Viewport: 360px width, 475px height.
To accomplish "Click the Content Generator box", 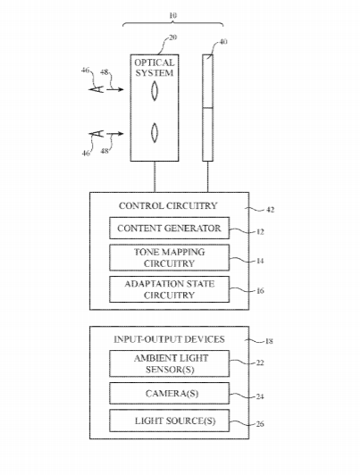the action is [169, 228].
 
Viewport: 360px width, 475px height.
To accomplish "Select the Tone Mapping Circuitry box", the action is [169, 257].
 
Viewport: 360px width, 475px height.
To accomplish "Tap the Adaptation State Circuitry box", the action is [169, 289].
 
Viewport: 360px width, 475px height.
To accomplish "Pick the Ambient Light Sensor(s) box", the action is [169, 363].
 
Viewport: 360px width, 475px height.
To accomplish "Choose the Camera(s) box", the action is [169, 393].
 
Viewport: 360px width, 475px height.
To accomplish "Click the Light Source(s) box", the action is [169, 421].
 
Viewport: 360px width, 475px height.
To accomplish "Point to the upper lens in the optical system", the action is [155, 91].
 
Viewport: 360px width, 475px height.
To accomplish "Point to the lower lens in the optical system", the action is [155, 132].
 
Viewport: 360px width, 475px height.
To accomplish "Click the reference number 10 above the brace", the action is [172, 15].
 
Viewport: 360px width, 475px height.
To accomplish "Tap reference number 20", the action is [172, 37].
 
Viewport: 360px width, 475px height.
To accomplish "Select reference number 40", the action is [223, 41].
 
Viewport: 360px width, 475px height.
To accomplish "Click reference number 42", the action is [271, 210].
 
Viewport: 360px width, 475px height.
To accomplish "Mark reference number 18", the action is [269, 341].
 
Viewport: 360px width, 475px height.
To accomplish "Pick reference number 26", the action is [260, 424].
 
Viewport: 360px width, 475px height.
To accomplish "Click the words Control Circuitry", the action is [168, 205].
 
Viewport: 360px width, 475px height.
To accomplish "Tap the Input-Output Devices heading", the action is [169, 339].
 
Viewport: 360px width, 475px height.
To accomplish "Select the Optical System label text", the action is [155, 68].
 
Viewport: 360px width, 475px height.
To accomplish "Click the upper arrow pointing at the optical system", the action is [115, 89].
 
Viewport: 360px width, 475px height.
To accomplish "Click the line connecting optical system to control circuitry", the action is [155, 177].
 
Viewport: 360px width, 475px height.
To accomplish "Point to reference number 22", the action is [260, 362].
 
